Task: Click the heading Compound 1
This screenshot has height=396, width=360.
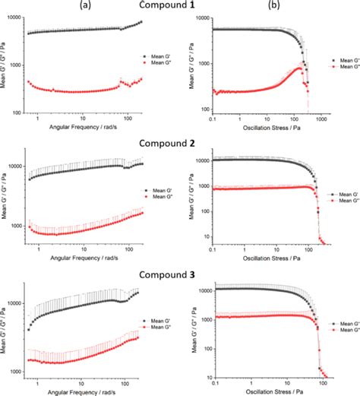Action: coord(180,6)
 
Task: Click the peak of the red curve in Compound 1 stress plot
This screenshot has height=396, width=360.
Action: coord(299,68)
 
